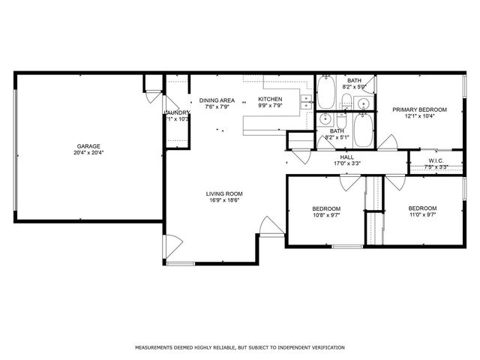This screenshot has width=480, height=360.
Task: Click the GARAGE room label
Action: click(x=88, y=146)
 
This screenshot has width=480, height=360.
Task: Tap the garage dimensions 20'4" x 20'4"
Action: click(x=88, y=153)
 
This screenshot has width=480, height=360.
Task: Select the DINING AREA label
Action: click(x=217, y=100)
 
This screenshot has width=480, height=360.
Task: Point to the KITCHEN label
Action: click(x=270, y=100)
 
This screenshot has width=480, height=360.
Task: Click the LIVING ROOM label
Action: click(x=224, y=193)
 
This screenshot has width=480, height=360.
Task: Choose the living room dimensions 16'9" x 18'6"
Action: click(x=224, y=200)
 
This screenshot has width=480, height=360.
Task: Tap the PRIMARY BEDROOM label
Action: click(x=420, y=109)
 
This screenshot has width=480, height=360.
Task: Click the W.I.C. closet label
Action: click(x=437, y=160)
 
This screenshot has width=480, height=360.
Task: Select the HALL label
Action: click(x=346, y=157)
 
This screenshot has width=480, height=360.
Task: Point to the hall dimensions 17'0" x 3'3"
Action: click(x=346, y=163)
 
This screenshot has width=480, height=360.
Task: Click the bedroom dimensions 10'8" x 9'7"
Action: click(x=326, y=214)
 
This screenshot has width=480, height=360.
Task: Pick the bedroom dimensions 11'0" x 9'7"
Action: click(x=422, y=214)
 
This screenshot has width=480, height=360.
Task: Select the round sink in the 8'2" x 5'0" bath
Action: click(x=363, y=103)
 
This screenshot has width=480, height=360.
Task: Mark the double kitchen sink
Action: click(x=306, y=102)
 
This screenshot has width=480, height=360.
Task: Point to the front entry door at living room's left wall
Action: click(x=171, y=244)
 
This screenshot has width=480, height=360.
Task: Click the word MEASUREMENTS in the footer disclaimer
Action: click(x=155, y=348)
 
